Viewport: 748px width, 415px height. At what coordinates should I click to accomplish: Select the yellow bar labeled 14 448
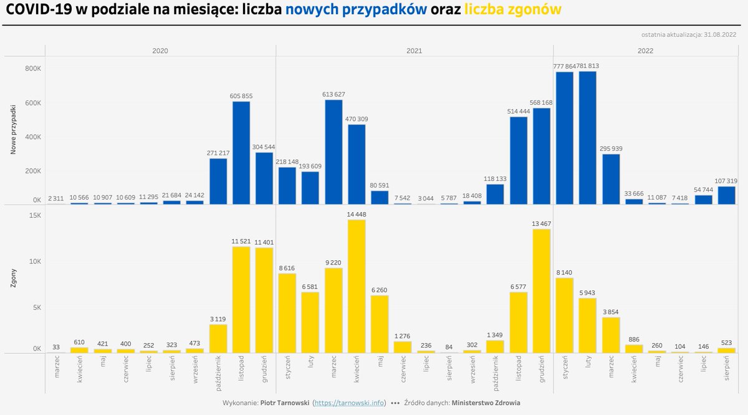[x=357, y=286]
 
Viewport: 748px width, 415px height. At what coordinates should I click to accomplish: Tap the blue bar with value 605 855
[x=241, y=153]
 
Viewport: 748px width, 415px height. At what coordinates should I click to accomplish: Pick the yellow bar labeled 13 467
[x=542, y=291]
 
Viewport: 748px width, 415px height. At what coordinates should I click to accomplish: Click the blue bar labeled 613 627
[x=333, y=152]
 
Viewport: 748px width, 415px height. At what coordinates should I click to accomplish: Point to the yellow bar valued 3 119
[x=218, y=339]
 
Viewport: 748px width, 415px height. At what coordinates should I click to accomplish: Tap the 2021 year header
[x=415, y=51]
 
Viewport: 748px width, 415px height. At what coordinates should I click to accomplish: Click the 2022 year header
[x=645, y=51]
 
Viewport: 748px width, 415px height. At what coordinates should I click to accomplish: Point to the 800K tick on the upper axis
[x=33, y=68]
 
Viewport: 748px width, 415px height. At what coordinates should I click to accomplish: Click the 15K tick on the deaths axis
[x=34, y=215]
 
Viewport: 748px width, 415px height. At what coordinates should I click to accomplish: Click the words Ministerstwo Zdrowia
[x=486, y=403]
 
